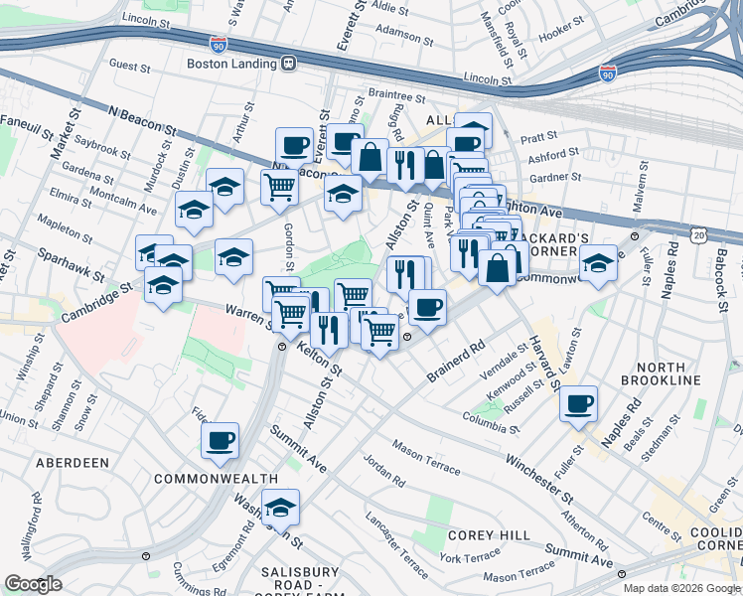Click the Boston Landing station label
click(x=233, y=63)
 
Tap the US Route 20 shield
click(x=701, y=234)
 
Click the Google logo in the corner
click(x=33, y=584)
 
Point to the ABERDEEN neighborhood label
click(x=72, y=463)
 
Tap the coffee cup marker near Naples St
click(x=578, y=404)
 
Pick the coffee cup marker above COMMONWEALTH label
click(x=220, y=440)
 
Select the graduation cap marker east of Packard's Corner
click(x=597, y=265)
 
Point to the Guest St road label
click(x=129, y=66)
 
